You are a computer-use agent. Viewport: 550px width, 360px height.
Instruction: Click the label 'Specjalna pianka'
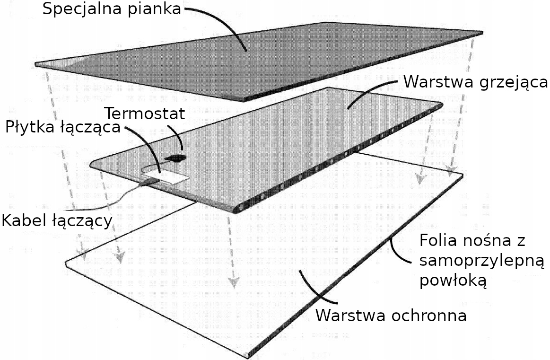[112, 9]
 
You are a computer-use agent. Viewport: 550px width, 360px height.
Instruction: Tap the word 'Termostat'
[144, 114]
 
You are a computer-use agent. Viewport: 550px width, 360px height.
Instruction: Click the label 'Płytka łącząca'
[62, 128]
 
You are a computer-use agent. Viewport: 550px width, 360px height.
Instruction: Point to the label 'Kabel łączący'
[57, 220]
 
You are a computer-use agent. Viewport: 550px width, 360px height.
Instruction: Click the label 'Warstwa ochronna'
[391, 316]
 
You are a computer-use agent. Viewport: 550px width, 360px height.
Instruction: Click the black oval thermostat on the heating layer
[176, 157]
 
